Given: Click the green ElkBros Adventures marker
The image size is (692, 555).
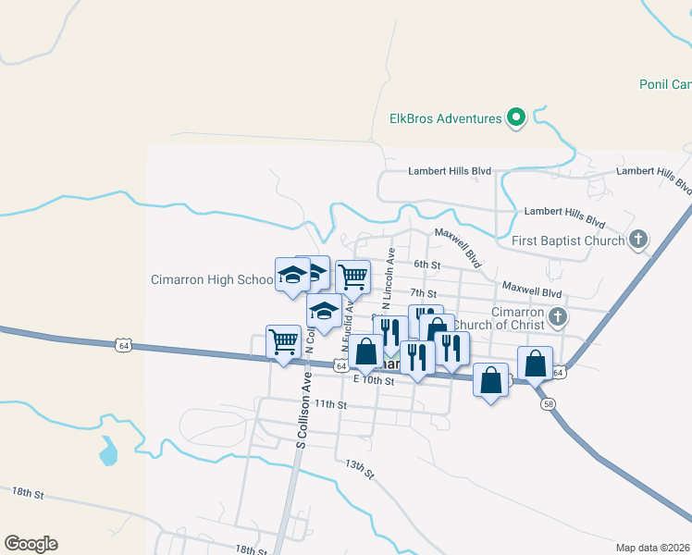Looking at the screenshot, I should pos(517,118).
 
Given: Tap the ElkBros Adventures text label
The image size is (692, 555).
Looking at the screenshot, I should pos(445,118).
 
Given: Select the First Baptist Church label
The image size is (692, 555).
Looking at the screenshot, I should pos(568,241).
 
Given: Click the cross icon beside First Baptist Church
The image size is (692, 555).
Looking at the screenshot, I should pos(637,240).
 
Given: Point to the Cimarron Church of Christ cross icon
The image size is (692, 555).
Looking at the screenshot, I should pos(557,317).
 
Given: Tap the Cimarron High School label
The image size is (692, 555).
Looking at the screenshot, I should pos(212,279).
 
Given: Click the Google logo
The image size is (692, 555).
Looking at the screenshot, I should pos(31,544).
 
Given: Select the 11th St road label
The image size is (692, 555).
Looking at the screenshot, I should pos(329,404).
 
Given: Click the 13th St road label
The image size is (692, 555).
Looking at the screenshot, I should pos(359,469).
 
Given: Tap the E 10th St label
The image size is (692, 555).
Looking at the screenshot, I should pos(373,380).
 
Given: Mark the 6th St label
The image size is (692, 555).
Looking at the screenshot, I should pos(426,265).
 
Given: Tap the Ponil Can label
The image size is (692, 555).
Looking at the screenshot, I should pos(664,84).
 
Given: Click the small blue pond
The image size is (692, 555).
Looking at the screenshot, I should pos(109,452).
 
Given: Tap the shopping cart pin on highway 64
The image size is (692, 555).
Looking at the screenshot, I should pos(282,341).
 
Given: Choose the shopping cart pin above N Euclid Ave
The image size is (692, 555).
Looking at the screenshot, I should pos(352,276).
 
